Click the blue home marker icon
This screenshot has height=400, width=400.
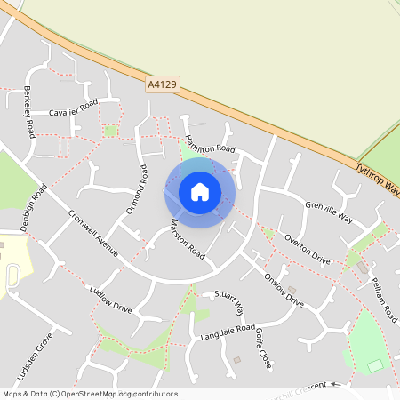coord(200,191)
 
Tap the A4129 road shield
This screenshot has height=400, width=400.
coord(161,84)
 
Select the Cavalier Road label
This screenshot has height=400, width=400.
coord(73,109)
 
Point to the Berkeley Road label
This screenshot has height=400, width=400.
coord(29,112)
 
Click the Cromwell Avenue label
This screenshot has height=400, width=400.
coord(93,234)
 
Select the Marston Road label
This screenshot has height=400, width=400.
coord(188,239)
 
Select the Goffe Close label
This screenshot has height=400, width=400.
coord(259,347)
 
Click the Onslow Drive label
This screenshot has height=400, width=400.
coord(284,290)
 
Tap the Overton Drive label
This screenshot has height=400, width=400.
coord(307,250)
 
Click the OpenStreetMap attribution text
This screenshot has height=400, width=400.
coord(90,394)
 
